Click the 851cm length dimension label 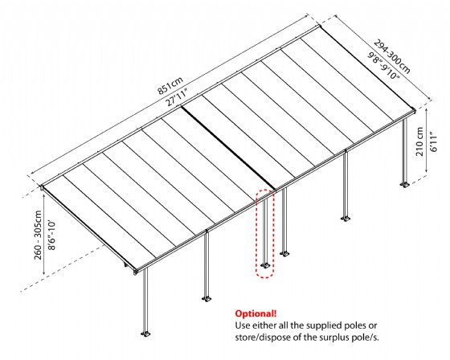pos(170,85)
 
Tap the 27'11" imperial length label pos(177,97)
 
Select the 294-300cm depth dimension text pos(392,56)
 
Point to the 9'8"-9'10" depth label pos(385,64)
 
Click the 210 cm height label pos(420,141)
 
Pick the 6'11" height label pos(433,141)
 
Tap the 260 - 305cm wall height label pos(38,235)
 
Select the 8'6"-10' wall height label pos(51,235)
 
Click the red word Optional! pos(256,313)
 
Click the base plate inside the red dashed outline pos(265,265)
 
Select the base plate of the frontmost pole pos(145,333)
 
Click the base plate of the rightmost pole pos(405,184)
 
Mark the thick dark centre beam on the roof pos(229,148)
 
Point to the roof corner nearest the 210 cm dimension pos(415,110)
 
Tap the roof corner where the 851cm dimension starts pos(42,187)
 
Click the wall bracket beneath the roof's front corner pos(135,272)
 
